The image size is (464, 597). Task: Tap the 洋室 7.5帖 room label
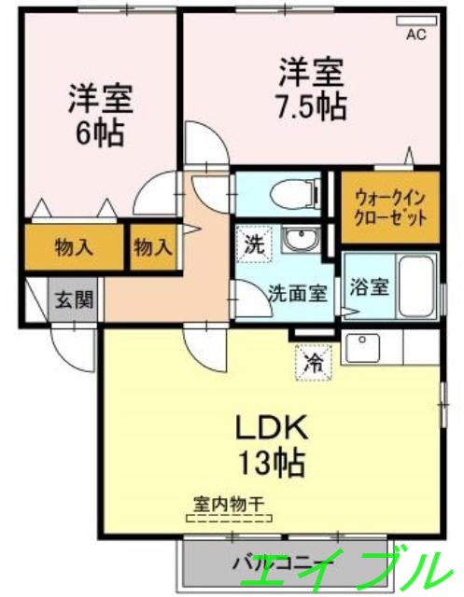312,88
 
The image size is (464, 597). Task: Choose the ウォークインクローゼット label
390,208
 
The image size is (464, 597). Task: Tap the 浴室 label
365,286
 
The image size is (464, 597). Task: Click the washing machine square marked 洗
253,245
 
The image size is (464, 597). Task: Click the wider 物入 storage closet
74,247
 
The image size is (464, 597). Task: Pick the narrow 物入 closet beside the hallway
153,247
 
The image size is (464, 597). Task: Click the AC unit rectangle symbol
416,21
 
